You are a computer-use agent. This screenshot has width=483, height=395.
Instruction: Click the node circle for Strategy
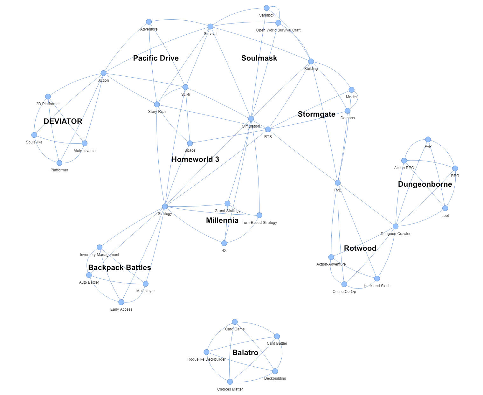[x=165, y=206]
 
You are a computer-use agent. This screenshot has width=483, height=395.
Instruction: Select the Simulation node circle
[x=251, y=119]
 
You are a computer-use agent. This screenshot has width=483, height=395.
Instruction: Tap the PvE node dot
[x=338, y=183]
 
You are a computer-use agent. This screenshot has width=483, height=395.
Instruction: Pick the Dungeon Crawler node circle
[x=395, y=226]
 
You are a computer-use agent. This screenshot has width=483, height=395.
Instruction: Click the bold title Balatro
[x=245, y=352]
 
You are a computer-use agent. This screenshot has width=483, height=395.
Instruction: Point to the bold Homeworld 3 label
[x=195, y=159]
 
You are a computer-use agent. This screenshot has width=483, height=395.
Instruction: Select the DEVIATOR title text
[x=63, y=121]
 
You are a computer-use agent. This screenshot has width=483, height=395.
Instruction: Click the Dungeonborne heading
[x=425, y=184]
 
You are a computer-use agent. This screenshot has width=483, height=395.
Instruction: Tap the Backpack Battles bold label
[x=120, y=267]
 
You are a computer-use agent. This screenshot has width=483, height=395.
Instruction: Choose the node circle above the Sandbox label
[x=266, y=8]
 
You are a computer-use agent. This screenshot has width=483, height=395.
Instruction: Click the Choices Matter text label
[x=230, y=389]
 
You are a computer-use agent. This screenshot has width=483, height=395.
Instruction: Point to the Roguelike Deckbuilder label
[x=206, y=359]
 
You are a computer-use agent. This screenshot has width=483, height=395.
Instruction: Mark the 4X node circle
[x=224, y=243]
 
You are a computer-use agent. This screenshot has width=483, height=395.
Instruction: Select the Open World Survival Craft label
[x=278, y=30]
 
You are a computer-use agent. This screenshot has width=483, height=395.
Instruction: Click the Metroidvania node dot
[x=85, y=143]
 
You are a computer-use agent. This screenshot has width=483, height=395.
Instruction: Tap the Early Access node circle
[x=121, y=302]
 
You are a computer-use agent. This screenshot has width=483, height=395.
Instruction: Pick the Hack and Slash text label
[x=377, y=286]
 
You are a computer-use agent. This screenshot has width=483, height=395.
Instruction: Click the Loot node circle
[x=445, y=208]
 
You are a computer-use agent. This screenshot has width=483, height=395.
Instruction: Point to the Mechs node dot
[x=351, y=90]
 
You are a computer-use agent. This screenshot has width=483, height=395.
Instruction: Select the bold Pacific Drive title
[x=156, y=58]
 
